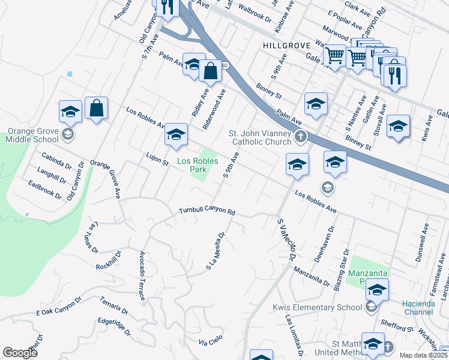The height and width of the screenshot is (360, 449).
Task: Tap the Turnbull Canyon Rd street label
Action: [x=206, y=211]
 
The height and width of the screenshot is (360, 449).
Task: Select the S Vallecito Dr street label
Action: [x=286, y=239]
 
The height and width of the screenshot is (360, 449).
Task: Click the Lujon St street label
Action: [x=157, y=159]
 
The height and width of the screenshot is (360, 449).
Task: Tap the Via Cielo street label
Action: [x=211, y=342]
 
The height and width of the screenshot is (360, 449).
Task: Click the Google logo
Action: [x=20, y=353]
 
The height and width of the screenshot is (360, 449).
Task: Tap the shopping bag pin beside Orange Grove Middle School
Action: [x=96, y=110]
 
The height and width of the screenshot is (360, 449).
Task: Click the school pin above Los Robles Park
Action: [x=176, y=136]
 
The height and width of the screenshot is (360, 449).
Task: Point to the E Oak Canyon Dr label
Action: [x=59, y=306]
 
